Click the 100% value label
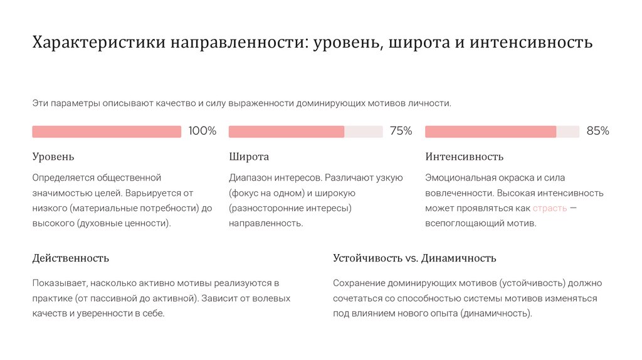(202, 131)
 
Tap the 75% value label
(401, 131)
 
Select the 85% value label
(597, 131)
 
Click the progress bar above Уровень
(107, 132)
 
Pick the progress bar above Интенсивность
(502, 132)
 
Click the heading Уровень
(53, 157)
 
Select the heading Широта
(249, 157)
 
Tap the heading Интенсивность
(464, 157)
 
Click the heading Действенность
(71, 258)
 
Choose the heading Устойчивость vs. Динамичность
(414, 258)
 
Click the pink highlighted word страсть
(550, 208)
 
